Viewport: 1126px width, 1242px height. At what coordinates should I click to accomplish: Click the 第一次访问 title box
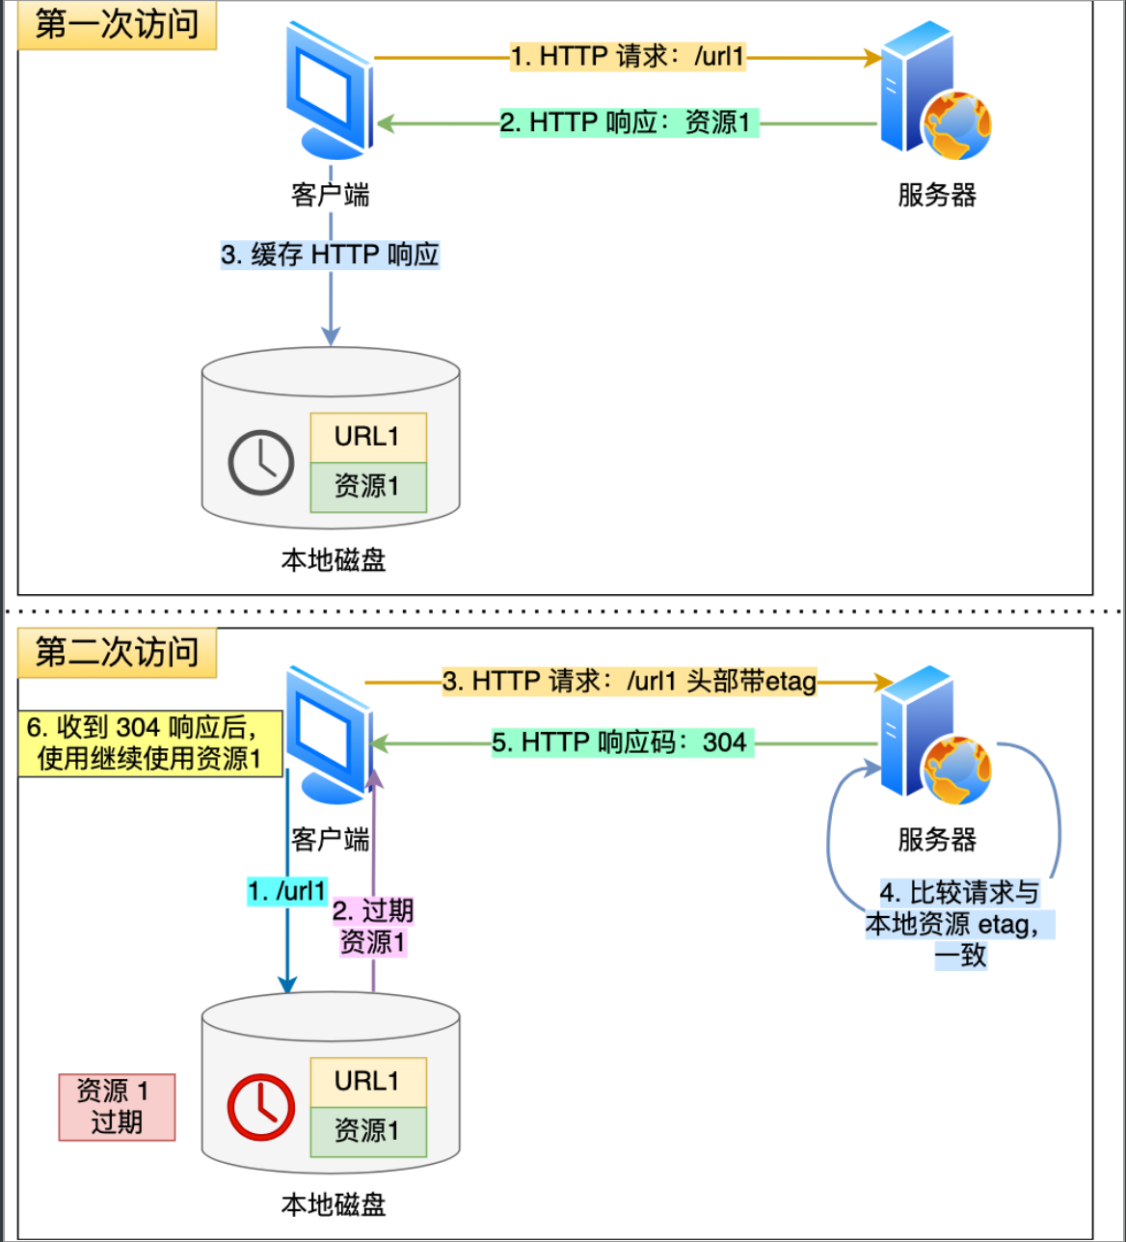click(117, 24)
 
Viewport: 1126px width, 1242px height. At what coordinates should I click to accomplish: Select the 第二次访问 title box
click(117, 653)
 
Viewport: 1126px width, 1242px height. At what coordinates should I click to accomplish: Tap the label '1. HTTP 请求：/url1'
click(628, 57)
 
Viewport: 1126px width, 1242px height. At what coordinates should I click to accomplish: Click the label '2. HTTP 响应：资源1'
click(629, 123)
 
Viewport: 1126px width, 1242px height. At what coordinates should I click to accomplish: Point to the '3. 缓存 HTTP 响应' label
click(330, 255)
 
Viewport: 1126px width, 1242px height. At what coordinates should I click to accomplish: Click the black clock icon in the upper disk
click(260, 463)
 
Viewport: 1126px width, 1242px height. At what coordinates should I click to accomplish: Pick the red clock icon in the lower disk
click(260, 1106)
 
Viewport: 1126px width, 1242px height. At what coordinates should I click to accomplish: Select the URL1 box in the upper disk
click(367, 437)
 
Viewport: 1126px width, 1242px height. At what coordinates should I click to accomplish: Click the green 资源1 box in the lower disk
click(367, 1131)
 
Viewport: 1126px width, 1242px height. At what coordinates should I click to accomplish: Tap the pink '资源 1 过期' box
click(117, 1107)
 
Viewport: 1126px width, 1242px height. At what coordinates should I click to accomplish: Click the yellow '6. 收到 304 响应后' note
click(150, 743)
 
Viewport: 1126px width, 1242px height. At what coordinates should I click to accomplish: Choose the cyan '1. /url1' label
click(287, 891)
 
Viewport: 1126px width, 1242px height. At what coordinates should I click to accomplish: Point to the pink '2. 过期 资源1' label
click(373, 927)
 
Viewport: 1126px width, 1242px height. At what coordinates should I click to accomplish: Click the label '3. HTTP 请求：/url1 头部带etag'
click(629, 682)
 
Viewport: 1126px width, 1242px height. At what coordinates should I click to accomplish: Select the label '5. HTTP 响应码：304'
click(622, 742)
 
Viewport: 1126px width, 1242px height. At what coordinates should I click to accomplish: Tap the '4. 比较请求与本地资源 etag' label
click(959, 924)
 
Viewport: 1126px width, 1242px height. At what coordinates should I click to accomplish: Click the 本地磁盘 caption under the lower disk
click(333, 1204)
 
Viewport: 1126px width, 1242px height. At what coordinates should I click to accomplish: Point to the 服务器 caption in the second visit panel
click(936, 839)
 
